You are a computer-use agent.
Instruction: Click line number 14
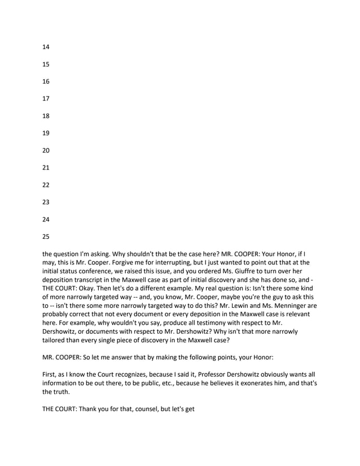click(46, 47)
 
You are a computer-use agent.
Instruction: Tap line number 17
click(46, 99)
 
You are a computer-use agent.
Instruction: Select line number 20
click(46, 151)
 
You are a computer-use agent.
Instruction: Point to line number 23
click(46, 202)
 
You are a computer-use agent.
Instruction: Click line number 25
click(46, 237)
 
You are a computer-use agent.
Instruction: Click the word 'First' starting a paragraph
click(50, 374)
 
